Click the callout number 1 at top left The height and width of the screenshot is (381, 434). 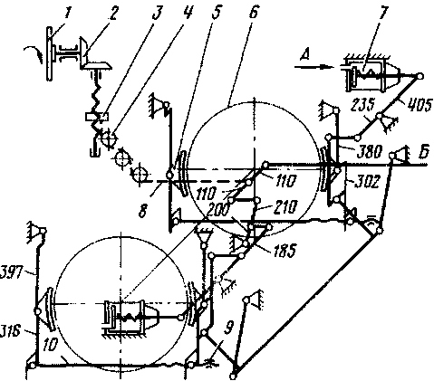[69, 14]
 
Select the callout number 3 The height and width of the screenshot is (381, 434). [157, 13]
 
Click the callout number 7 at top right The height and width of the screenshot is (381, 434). [383, 13]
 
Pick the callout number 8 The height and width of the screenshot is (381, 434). [142, 211]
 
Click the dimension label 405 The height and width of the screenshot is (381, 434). [421, 105]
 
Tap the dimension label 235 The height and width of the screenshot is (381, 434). [363, 105]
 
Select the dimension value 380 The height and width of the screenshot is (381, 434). [370, 151]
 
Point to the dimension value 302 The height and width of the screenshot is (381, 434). [366, 182]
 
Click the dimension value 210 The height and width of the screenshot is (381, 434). [286, 207]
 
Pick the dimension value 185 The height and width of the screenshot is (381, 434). [285, 250]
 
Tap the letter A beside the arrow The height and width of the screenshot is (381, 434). [305, 55]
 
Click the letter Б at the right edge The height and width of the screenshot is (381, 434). [424, 152]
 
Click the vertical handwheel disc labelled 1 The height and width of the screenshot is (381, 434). [49, 53]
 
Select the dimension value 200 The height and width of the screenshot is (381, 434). [218, 208]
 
